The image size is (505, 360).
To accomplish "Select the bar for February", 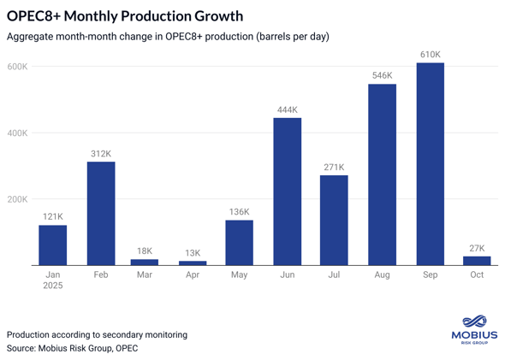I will coord(101,213).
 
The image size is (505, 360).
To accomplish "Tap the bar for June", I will coord(287,192).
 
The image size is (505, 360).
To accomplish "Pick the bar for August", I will coord(382,174).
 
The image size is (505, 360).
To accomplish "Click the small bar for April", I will coord(193,263).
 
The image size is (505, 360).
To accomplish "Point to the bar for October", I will coord(477,261).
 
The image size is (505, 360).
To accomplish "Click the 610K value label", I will coord(430,55).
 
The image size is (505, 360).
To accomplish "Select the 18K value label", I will coord(145,251).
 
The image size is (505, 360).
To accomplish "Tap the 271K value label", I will coord(334,168).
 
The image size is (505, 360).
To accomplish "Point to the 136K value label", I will coord(239,212).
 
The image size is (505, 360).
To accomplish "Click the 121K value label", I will coord(53,217).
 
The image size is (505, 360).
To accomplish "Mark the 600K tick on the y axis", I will coord(17,67).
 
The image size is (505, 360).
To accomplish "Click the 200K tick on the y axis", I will coord(17,199).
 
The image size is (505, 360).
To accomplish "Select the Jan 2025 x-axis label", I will coord(53,280).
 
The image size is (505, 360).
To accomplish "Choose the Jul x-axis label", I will coord(334,275).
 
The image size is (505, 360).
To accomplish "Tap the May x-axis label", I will coord(239,275).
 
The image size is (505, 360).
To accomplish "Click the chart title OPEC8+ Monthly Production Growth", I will coord(125,15).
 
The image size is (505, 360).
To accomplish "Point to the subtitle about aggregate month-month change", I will coord(168,37).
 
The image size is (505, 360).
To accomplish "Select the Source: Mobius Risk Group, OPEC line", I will coord(73,348).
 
